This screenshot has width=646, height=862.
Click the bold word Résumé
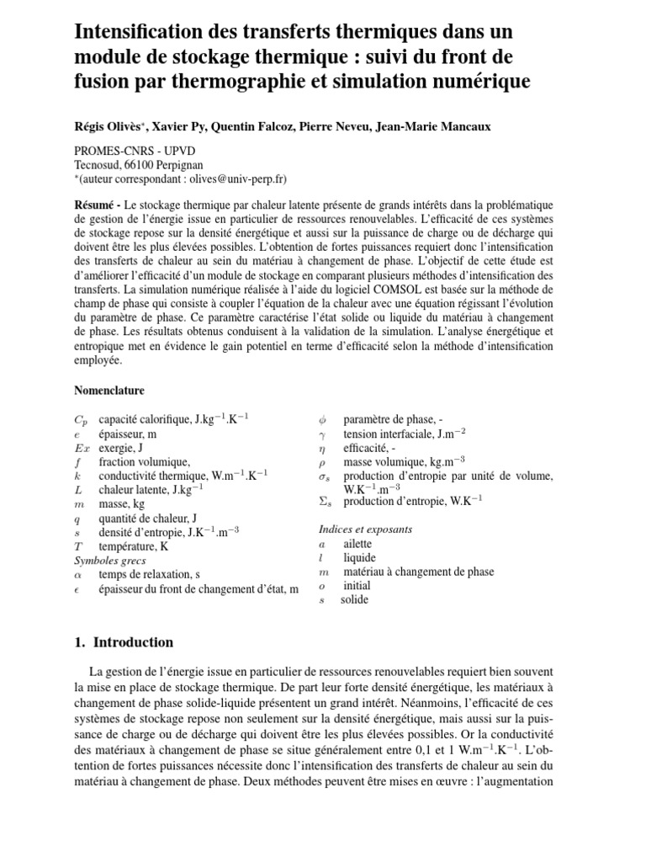tap(93, 205)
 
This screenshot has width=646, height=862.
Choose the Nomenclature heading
tap(109, 391)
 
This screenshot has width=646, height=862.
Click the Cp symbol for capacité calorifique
tap(81, 419)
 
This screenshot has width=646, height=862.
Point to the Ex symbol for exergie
tap(82, 448)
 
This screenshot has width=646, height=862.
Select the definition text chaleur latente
tap(135, 490)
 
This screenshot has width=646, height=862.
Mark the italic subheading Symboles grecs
tap(109, 560)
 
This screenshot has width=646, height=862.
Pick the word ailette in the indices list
tap(357, 544)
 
